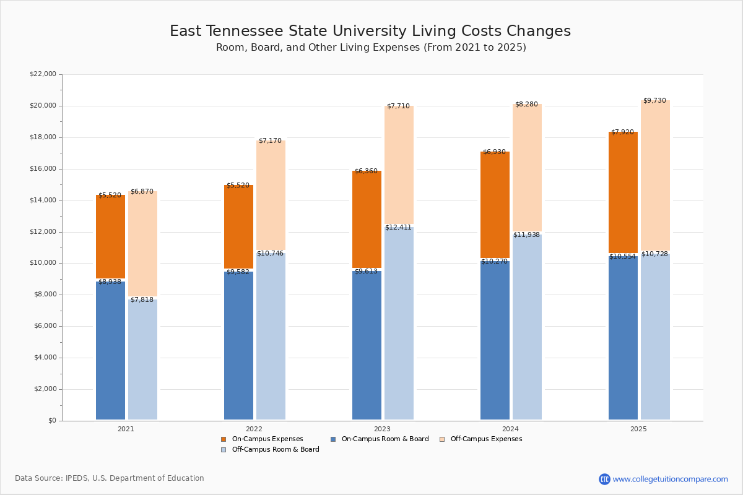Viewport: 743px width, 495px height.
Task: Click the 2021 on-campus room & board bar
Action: coord(110,351)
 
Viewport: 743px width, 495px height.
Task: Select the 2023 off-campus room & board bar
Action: coord(399,323)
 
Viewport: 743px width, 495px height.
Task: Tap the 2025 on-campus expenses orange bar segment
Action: coord(623,192)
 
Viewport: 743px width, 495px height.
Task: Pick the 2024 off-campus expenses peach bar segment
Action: coord(527,168)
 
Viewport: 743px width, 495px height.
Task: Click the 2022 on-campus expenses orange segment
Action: coord(238,226)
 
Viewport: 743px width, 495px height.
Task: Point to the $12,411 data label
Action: coord(398,228)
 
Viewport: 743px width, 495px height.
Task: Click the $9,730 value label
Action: coord(654,101)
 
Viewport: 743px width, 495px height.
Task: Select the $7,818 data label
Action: coord(142,300)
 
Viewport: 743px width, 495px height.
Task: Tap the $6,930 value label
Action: coord(494,152)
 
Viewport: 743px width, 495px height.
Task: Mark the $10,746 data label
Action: coord(270,254)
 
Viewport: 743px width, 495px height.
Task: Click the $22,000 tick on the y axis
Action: coord(43,74)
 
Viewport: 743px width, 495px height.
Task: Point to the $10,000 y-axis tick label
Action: coord(43,263)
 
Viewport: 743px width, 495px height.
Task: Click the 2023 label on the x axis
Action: coord(382,429)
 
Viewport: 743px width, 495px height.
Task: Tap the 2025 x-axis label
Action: coord(638,429)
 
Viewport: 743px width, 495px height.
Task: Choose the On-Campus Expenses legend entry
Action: coord(262,439)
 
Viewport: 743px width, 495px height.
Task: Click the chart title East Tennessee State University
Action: coord(370,32)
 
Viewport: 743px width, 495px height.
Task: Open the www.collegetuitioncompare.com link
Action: coord(670,479)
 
